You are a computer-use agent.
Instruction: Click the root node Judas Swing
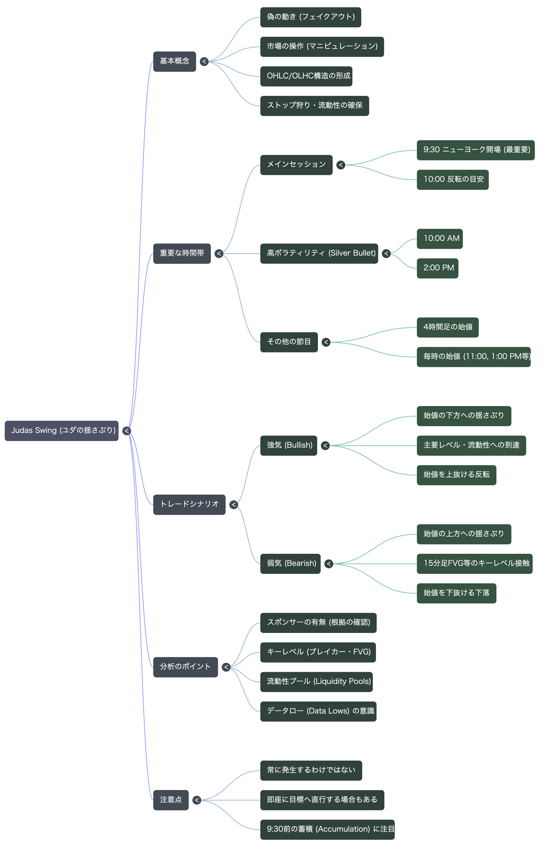(x=62, y=431)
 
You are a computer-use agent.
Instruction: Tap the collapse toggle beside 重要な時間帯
(x=219, y=253)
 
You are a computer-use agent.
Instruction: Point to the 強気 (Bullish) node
(x=289, y=446)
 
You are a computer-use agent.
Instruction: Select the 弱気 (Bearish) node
(x=290, y=564)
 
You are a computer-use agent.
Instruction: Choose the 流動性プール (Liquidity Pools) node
(x=316, y=682)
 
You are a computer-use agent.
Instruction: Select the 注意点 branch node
(x=171, y=800)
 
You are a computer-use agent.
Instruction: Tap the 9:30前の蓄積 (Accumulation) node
(x=327, y=830)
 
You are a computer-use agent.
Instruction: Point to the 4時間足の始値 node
(x=448, y=327)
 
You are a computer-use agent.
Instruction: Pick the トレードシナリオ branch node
(x=189, y=505)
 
